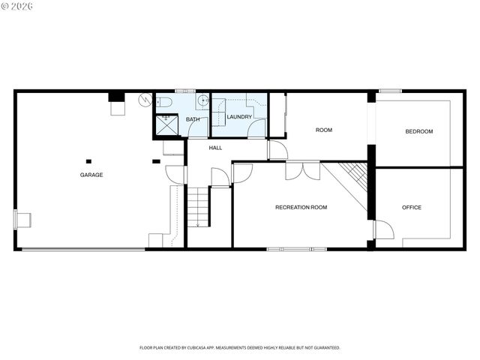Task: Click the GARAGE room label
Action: (x=91, y=175)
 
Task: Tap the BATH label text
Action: (x=193, y=119)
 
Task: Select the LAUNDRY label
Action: (x=239, y=117)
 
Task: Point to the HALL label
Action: (x=215, y=148)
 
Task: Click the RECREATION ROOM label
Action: (x=301, y=207)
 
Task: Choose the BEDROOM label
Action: (x=418, y=131)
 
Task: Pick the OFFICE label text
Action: (x=411, y=207)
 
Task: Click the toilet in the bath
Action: (x=166, y=101)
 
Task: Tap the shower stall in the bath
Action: (x=166, y=126)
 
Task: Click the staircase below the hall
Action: (x=198, y=206)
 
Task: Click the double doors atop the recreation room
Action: (x=303, y=171)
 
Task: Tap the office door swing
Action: (x=383, y=229)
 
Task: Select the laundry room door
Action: (x=256, y=128)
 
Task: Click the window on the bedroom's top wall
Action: (x=389, y=91)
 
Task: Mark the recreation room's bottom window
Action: (x=296, y=248)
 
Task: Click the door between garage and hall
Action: (x=175, y=175)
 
